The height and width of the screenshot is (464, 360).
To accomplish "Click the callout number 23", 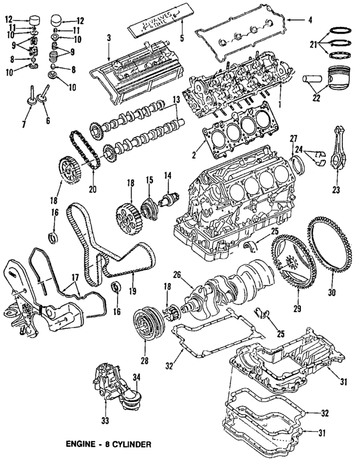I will coord(337,190).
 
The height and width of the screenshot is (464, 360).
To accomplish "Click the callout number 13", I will coord(176,100).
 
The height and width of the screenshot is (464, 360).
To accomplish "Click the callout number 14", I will coord(166,176).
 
